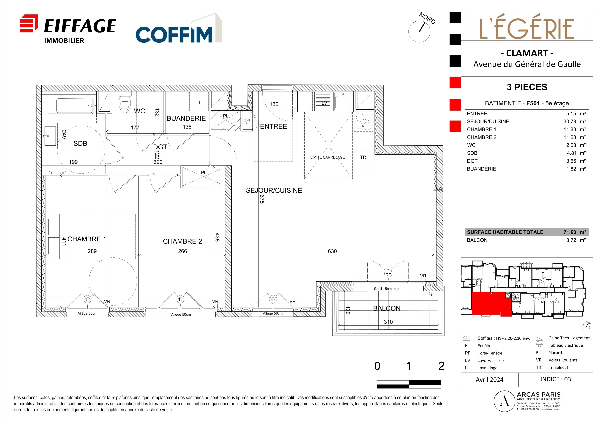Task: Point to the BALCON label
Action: tap(387, 308)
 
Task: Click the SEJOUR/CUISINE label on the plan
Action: tap(274, 190)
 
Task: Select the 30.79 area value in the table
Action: tap(570, 122)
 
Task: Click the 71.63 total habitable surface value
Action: tap(570, 232)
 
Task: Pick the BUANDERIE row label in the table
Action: tap(481, 169)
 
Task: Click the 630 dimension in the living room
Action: tap(332, 251)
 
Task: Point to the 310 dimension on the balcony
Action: tap(388, 322)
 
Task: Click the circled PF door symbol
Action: tap(388, 274)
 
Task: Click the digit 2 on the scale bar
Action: tap(441, 366)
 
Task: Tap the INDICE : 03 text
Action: tap(555, 379)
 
